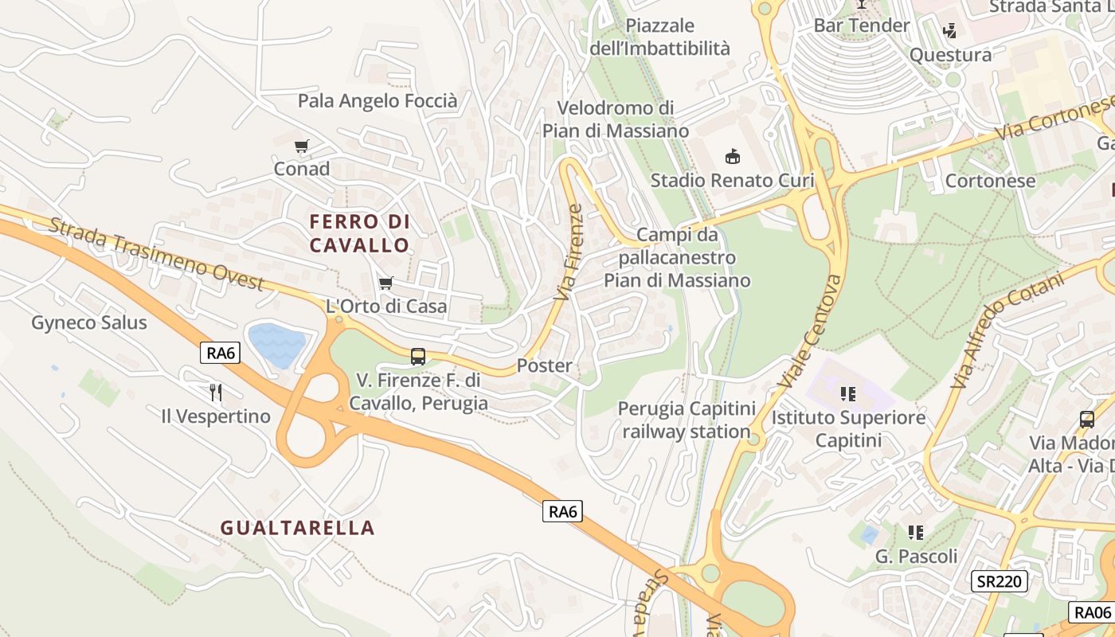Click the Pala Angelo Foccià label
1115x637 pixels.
[x=378, y=101]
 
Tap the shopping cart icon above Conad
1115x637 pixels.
[x=301, y=147]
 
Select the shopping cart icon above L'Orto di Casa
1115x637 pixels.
[x=386, y=283]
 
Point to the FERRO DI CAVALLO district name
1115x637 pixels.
[x=359, y=233]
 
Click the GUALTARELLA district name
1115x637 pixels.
[x=297, y=528]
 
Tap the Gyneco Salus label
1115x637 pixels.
[x=89, y=322]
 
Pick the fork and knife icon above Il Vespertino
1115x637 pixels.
[x=215, y=392]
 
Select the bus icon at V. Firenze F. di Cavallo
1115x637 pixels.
[x=418, y=357]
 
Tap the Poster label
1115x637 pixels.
[x=545, y=366]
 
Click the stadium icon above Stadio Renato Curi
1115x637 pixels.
[x=732, y=157]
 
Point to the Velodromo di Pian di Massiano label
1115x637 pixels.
[x=616, y=119]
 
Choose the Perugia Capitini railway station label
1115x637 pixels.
[x=687, y=420]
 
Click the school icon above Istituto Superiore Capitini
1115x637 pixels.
[x=848, y=393]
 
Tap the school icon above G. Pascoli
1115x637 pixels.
[x=916, y=532]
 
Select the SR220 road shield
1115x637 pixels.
[x=999, y=581]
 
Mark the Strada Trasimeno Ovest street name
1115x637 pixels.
[x=156, y=253]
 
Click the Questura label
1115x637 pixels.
[x=950, y=56]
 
